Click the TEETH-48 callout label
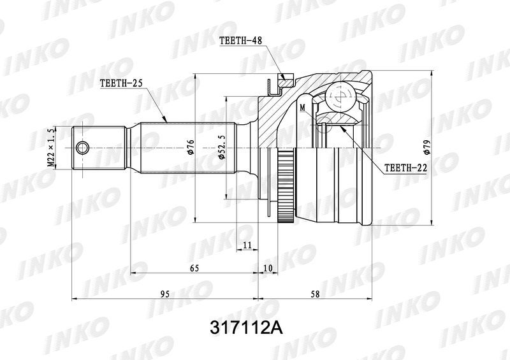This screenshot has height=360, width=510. (x=240, y=40)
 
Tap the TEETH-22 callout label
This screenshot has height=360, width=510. (x=405, y=168)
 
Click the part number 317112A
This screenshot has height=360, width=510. (x=247, y=328)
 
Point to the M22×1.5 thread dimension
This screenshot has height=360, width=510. (x=51, y=148)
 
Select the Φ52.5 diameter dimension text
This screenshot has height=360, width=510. (x=221, y=148)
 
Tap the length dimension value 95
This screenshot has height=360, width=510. (x=165, y=294)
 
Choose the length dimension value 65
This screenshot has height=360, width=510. (x=194, y=268)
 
